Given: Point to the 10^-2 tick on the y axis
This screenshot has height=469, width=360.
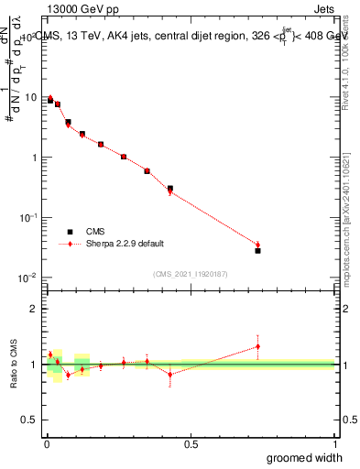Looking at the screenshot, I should coord(27,277).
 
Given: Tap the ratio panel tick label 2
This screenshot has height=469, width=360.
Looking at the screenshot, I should coord(34,309).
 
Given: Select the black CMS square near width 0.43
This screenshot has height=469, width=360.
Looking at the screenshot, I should coord(170,189).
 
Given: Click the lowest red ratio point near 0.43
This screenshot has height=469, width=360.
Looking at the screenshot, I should coord(170,374).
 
